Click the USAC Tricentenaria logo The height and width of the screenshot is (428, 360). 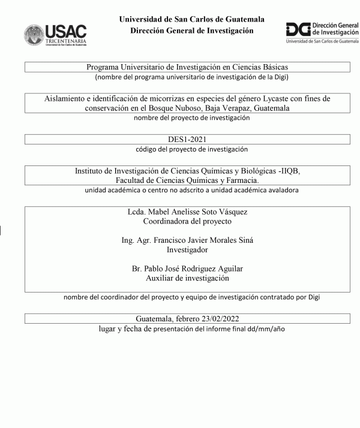55,35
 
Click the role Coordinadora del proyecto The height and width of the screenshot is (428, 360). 187,221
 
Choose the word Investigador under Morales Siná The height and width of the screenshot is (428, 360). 187,249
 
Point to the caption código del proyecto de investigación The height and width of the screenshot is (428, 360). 191,149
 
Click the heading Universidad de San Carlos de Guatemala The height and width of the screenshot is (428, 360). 191,19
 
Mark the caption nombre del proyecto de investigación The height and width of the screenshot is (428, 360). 191,118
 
